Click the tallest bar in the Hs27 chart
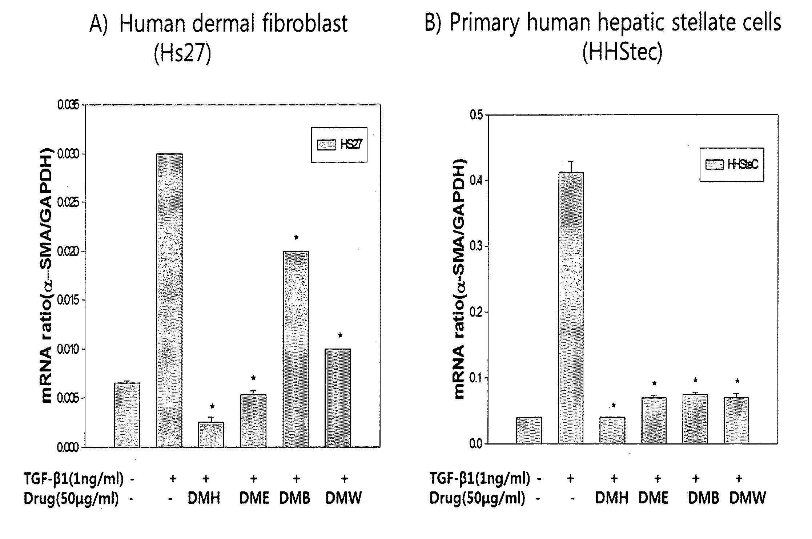(x=169, y=300)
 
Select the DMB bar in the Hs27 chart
(x=296, y=349)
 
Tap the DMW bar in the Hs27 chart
(x=338, y=398)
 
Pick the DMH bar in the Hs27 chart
(x=211, y=435)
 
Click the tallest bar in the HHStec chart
(x=571, y=308)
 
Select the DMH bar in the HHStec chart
(x=612, y=430)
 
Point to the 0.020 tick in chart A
(x=69, y=252)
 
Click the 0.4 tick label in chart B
(x=476, y=181)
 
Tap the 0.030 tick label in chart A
(x=69, y=154)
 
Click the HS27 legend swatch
(x=327, y=145)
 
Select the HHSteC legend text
(x=743, y=165)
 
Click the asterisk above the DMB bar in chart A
(x=296, y=238)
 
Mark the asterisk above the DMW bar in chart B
(x=737, y=382)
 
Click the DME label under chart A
(x=254, y=498)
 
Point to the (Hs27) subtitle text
(x=182, y=53)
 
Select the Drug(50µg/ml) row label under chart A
(x=71, y=498)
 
